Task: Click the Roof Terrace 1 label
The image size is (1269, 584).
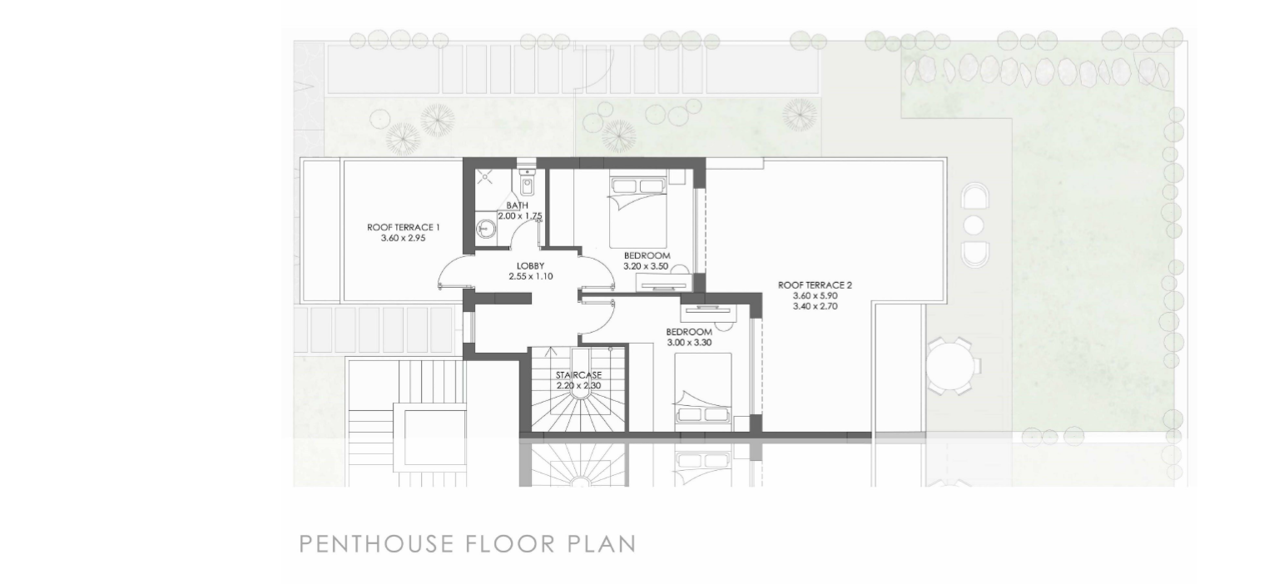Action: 404,227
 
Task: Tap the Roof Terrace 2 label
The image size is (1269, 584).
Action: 815,285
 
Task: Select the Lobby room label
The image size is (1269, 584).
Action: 530,265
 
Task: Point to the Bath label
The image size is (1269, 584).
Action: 518,205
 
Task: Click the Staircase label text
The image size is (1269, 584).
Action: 578,375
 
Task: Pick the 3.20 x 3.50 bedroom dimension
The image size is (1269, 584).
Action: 646,266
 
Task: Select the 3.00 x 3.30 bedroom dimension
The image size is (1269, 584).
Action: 689,343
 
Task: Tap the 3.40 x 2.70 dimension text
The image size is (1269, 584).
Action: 815,306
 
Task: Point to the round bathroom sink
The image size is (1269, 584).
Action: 486,230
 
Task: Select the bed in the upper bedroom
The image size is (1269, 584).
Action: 638,212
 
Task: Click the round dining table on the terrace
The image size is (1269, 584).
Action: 953,365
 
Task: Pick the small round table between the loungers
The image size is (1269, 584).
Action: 974,225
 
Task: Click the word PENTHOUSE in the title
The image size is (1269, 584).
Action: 376,544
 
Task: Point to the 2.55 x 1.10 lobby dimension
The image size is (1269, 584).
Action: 531,276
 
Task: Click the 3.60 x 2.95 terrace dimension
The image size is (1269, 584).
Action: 404,239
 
